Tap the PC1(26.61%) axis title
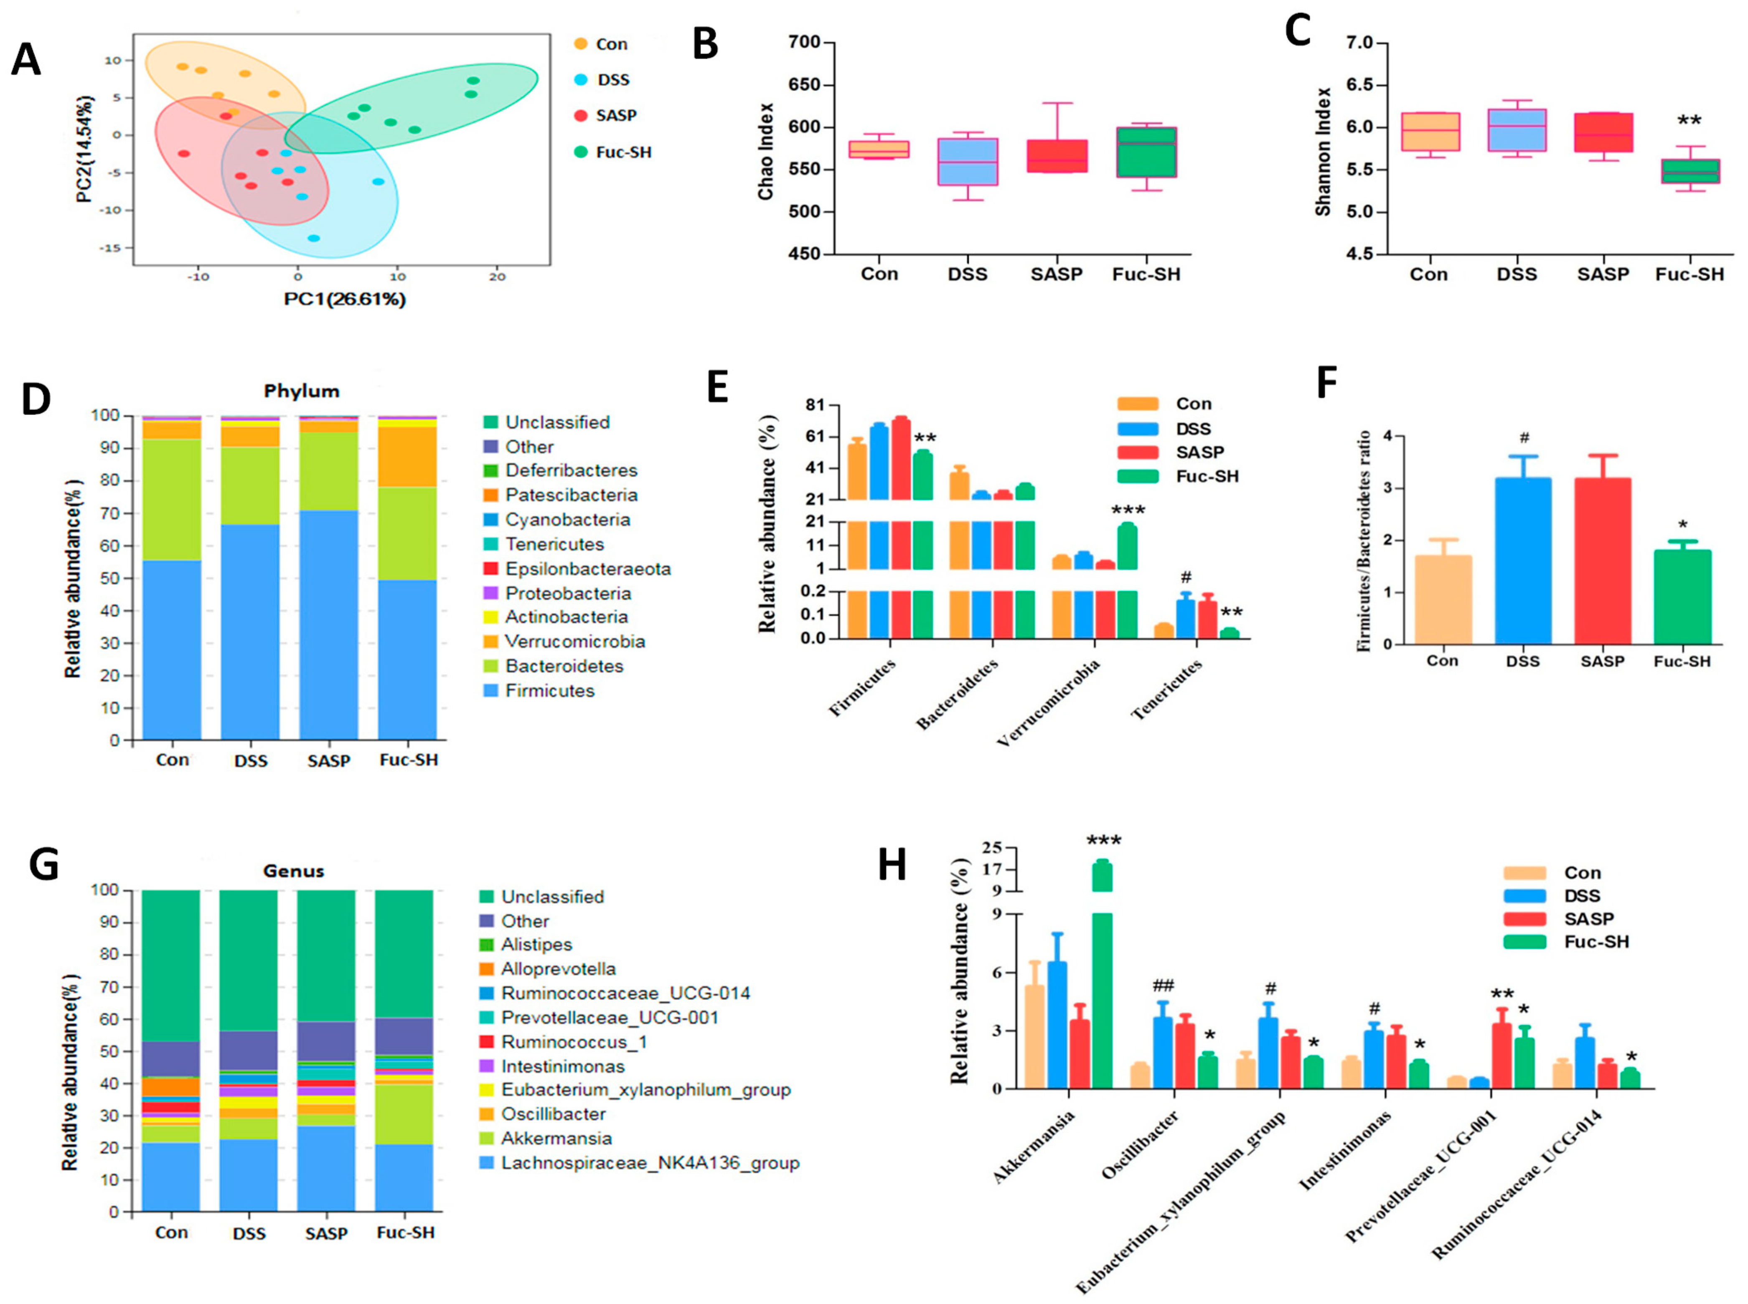coord(345,299)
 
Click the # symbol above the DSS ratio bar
coord(1524,437)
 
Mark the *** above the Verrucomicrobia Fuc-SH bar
coord(1128,511)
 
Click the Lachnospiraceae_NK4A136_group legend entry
coord(650,1163)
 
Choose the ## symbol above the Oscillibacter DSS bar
coord(1163,985)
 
